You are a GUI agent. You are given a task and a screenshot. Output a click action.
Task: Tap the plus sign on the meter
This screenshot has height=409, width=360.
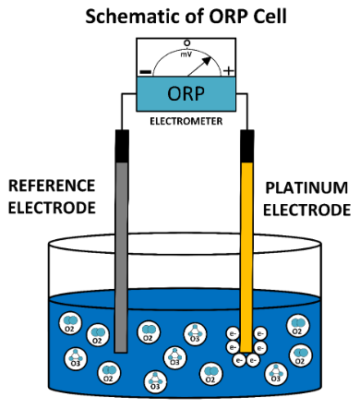[229, 71]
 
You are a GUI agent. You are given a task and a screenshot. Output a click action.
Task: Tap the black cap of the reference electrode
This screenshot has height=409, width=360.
[122, 145]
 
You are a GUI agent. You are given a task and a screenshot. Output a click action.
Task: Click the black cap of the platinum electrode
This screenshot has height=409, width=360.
[246, 145]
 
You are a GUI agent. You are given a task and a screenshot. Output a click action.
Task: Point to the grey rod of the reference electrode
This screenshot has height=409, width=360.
[122, 240]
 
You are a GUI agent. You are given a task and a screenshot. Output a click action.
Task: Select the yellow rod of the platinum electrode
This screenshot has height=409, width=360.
[246, 240]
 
